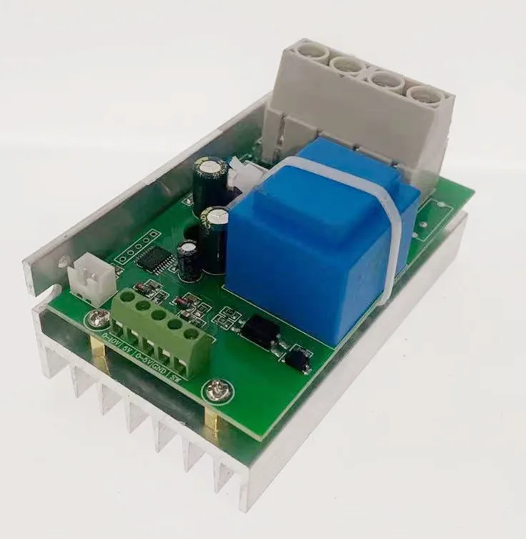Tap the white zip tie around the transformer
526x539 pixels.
pos(389,236)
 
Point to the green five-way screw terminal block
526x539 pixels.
pos(161,332)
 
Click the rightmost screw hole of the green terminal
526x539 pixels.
pos(192,333)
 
